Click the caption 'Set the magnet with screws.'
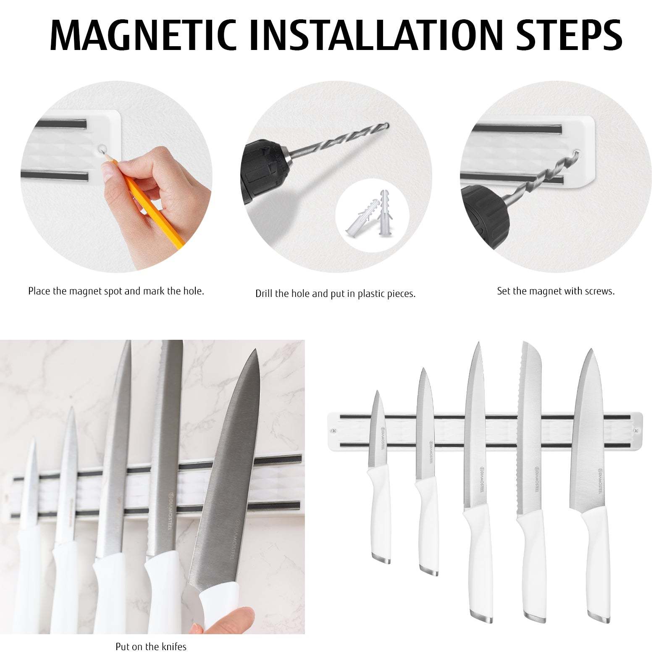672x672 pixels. click(x=556, y=291)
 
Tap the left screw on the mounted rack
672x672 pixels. click(x=334, y=431)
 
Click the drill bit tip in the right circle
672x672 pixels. click(x=578, y=153)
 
